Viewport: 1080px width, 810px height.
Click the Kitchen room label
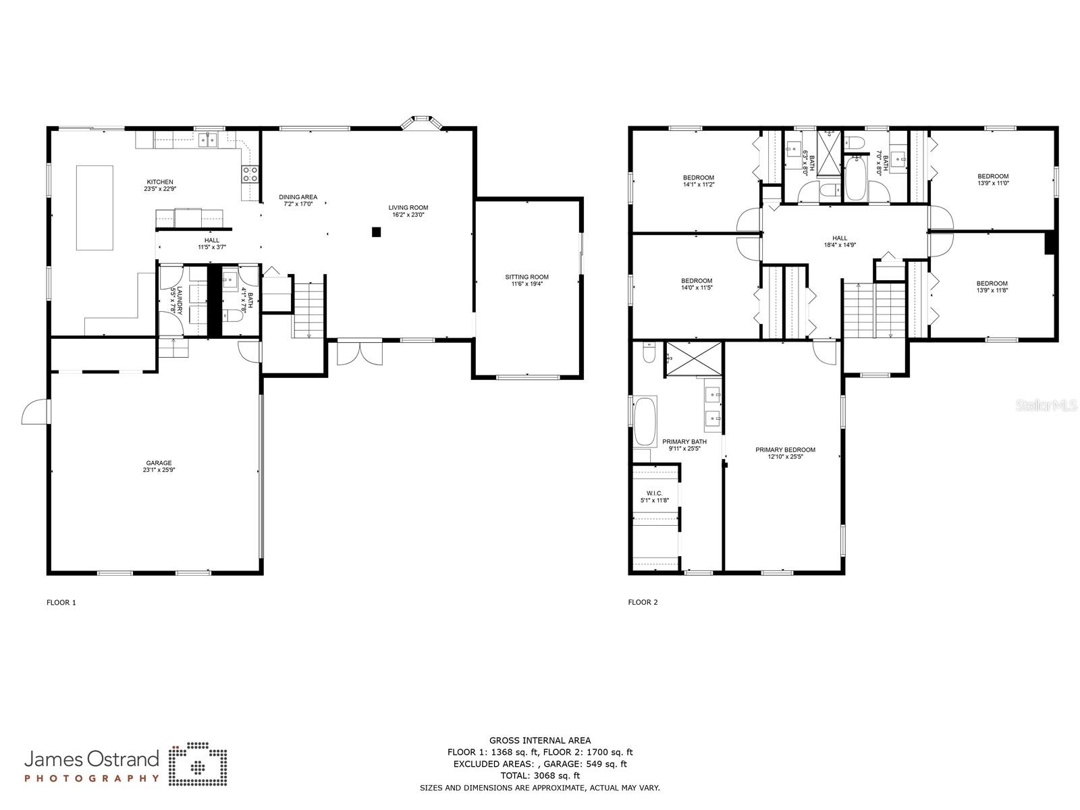coord(160,182)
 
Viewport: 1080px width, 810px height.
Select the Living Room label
coord(408,208)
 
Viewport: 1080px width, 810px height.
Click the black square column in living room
coord(377,232)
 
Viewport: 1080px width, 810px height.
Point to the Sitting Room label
coord(526,277)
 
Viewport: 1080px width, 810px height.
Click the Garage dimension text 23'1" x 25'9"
coord(159,470)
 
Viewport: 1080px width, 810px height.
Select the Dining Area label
coord(298,197)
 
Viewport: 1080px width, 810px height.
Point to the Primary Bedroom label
coord(785,450)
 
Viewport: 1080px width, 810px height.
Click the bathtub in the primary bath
coord(645,421)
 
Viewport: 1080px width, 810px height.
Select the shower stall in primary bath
coord(693,361)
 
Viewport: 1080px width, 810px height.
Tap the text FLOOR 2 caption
coord(643,602)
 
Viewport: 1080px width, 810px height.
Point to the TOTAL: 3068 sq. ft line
coord(539,776)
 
